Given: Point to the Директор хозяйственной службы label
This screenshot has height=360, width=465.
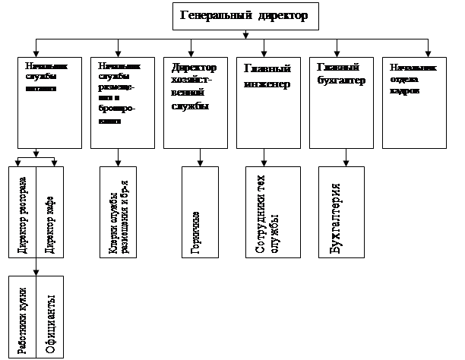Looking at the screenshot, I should [x=194, y=87].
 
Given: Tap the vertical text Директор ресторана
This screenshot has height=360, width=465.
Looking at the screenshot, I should [x=23, y=207].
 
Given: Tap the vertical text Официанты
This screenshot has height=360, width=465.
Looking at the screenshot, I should [x=51, y=319].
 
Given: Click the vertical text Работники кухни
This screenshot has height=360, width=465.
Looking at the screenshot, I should [x=24, y=319].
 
